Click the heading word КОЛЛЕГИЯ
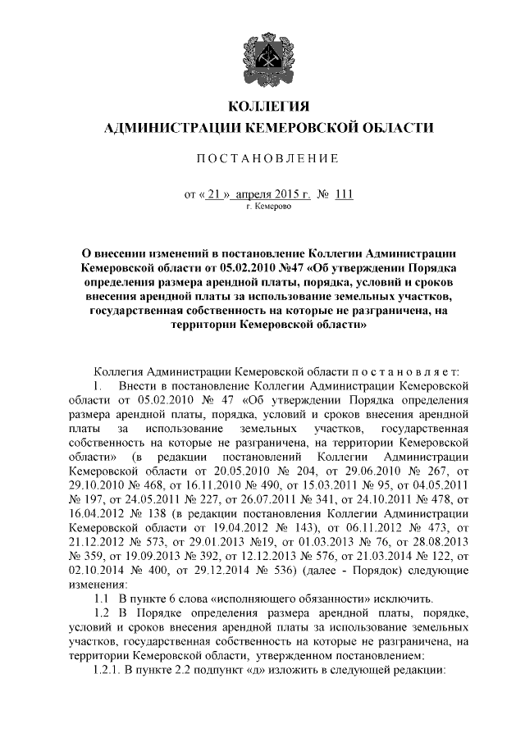coord(262,107)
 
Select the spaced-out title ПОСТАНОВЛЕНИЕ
coord(262,157)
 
